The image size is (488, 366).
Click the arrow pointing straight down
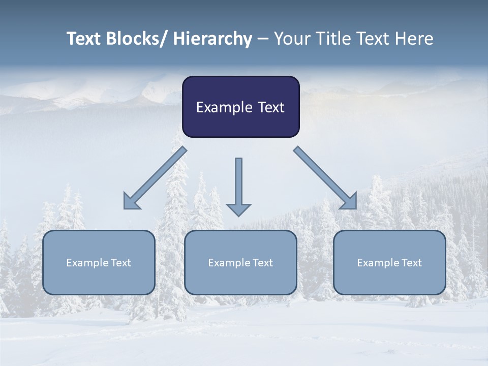238,186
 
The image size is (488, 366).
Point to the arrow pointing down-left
155,178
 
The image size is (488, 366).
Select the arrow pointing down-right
325,178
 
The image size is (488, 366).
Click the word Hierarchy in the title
212,39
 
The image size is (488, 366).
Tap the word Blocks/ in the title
136,39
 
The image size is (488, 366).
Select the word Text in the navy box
270,108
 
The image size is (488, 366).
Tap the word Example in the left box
87,263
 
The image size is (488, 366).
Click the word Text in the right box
411,263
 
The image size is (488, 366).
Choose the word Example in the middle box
229,263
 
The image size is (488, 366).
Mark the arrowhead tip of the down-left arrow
125,208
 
